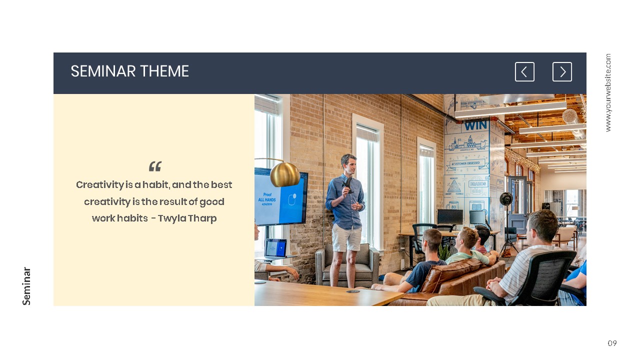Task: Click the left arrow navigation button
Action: (x=524, y=72)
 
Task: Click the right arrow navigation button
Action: (x=562, y=72)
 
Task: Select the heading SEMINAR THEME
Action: (x=129, y=71)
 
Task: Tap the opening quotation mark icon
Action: (x=155, y=166)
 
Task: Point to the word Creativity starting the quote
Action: (x=100, y=185)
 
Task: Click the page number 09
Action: (x=612, y=343)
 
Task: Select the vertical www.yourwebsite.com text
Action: (x=608, y=93)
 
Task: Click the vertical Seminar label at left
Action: (x=27, y=286)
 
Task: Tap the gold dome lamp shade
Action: (x=285, y=173)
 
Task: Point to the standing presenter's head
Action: (x=348, y=163)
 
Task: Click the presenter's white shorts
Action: (x=346, y=237)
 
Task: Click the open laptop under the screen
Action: (x=275, y=248)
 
